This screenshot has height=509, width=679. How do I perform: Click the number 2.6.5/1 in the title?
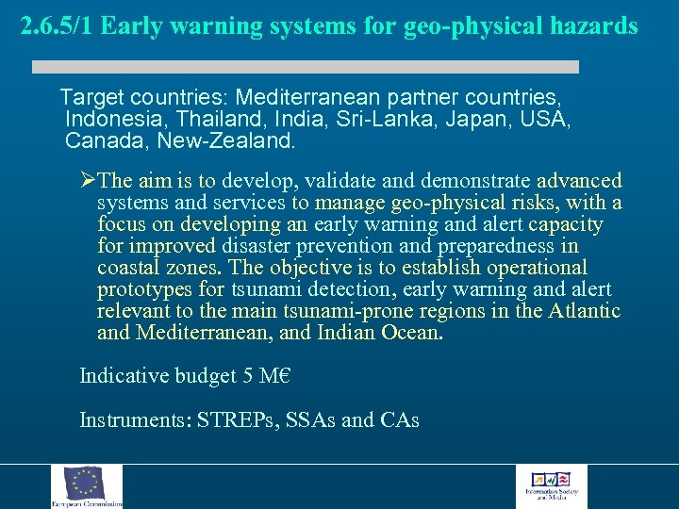pos(57,25)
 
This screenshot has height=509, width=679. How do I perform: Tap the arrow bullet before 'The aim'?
pos(88,180)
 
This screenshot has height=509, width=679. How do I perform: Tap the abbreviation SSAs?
pos(311,420)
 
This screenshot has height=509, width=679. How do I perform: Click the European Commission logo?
pos(87,486)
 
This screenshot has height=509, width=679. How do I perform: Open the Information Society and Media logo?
pos(551,486)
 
